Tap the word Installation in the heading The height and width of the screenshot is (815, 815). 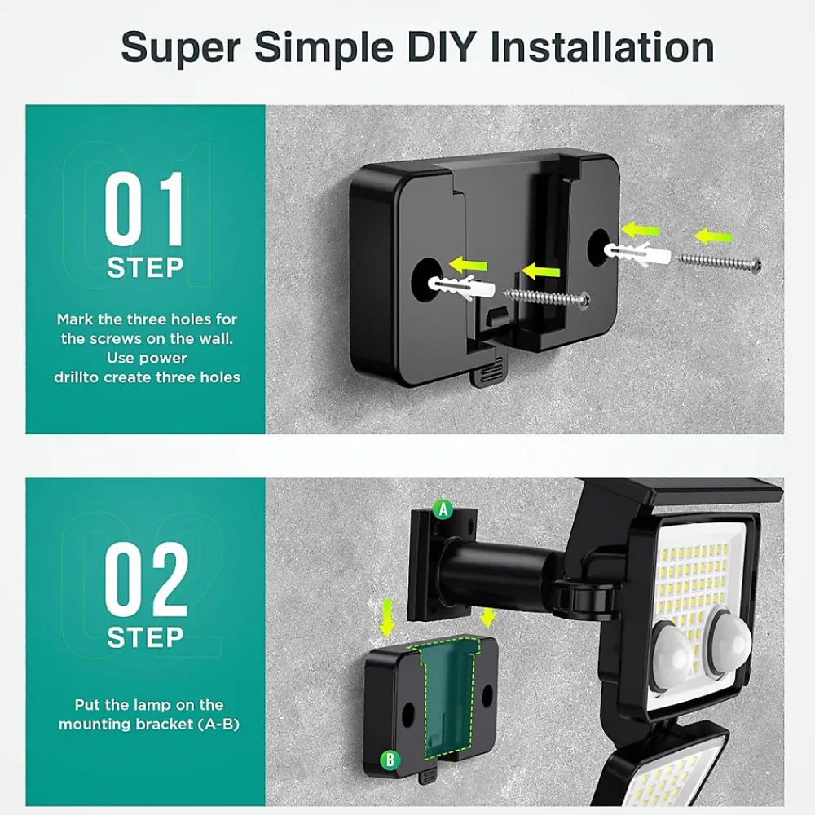click(x=602, y=47)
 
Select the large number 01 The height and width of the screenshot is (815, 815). click(x=144, y=209)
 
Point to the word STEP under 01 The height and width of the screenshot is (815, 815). click(x=146, y=267)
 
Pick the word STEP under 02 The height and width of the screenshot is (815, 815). click(x=146, y=637)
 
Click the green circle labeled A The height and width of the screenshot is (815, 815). click(x=443, y=510)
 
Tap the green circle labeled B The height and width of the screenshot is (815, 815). click(x=390, y=760)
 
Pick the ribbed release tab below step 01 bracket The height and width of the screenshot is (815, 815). click(x=487, y=372)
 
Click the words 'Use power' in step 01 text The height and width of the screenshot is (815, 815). click(x=147, y=358)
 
